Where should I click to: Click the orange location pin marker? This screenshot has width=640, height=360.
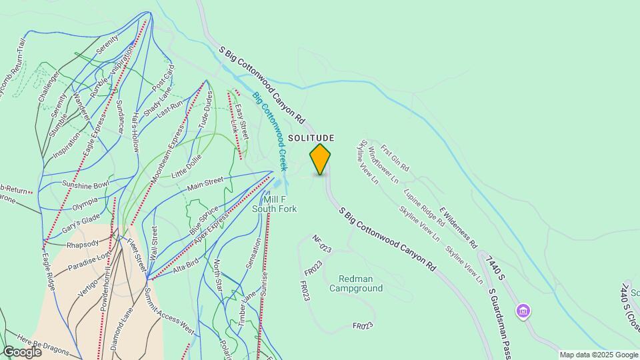(x=320, y=159)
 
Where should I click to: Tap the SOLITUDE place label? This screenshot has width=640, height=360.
(x=311, y=138)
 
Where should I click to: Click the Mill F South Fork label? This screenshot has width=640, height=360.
(x=274, y=204)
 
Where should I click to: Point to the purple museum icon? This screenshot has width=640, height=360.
(x=523, y=311)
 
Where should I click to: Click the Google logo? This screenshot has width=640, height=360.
(x=21, y=351)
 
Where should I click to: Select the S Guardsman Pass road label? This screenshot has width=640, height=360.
(x=500, y=321)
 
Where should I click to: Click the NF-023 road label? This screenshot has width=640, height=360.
(x=322, y=243)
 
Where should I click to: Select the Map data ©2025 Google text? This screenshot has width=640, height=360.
(x=599, y=355)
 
